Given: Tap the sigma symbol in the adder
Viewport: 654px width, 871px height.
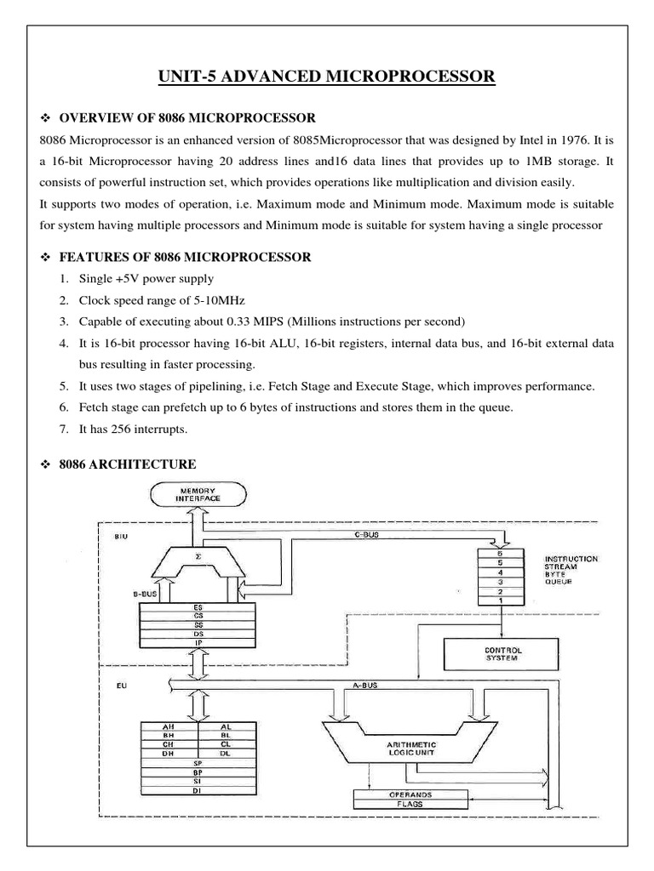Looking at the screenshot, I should [x=198, y=555].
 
